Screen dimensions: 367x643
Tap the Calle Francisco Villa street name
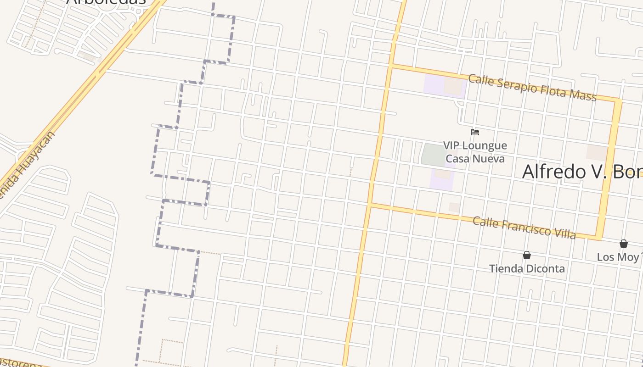(x=524, y=228)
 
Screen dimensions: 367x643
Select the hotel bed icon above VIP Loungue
(x=475, y=133)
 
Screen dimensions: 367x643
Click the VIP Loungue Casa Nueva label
(x=475, y=152)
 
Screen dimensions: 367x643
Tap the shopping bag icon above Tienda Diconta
(x=527, y=255)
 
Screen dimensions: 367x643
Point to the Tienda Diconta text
(x=527, y=269)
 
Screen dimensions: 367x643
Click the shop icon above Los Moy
(x=624, y=244)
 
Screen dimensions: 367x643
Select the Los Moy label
(x=618, y=257)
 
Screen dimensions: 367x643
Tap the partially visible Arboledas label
(x=107, y=2)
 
